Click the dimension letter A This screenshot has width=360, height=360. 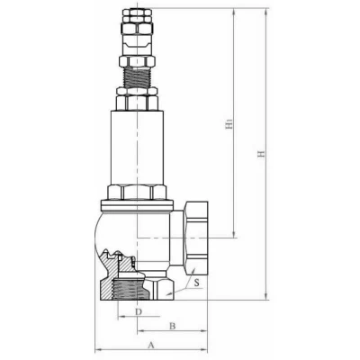click(x=151, y=344)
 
